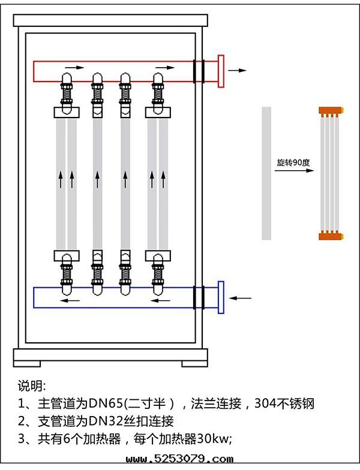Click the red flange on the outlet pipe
(x=221, y=71)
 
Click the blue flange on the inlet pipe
(x=221, y=297)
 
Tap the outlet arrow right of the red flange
(x=238, y=70)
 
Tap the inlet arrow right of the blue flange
(x=242, y=297)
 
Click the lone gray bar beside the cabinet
(x=266, y=173)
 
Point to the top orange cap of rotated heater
(x=330, y=112)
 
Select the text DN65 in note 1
(x=106, y=403)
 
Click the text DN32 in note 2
(x=106, y=420)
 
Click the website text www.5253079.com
(x=180, y=460)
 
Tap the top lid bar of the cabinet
(x=112, y=20)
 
